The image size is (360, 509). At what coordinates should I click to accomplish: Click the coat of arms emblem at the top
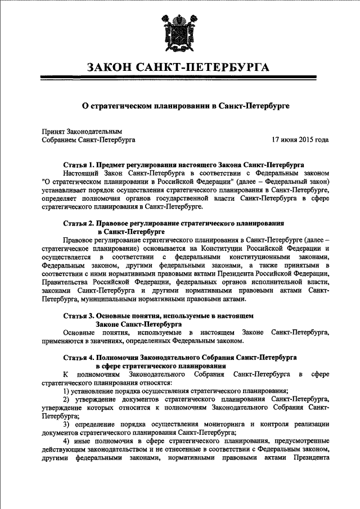[x=180, y=31]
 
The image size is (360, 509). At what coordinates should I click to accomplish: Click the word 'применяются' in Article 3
[x=63, y=341]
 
